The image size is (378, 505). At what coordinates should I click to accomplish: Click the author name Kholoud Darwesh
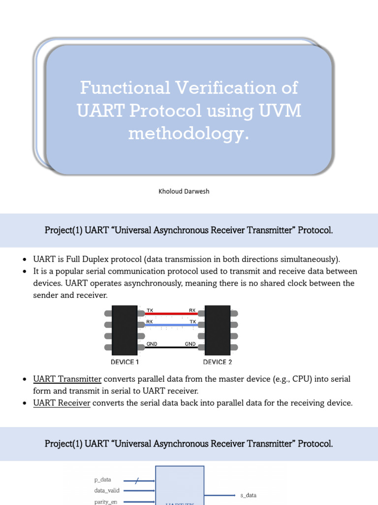pos(184,191)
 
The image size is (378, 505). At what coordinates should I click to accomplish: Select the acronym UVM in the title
pos(279,111)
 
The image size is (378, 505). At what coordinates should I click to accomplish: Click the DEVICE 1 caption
pos(125,362)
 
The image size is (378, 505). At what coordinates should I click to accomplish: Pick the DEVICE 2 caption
pos(218,362)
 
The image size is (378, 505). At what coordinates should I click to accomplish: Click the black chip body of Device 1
pos(125,330)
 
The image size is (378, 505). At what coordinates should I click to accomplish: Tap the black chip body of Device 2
pos(218,330)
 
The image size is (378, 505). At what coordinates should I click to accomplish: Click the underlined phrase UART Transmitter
pos(67,379)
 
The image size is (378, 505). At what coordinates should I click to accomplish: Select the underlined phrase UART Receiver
pos(62,403)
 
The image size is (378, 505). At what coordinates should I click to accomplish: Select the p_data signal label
pos(102,479)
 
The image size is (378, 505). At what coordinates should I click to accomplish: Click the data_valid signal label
pos(107,491)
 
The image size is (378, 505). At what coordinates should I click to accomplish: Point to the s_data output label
pos(248,495)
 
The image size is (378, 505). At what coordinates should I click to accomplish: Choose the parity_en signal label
pos(106,502)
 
